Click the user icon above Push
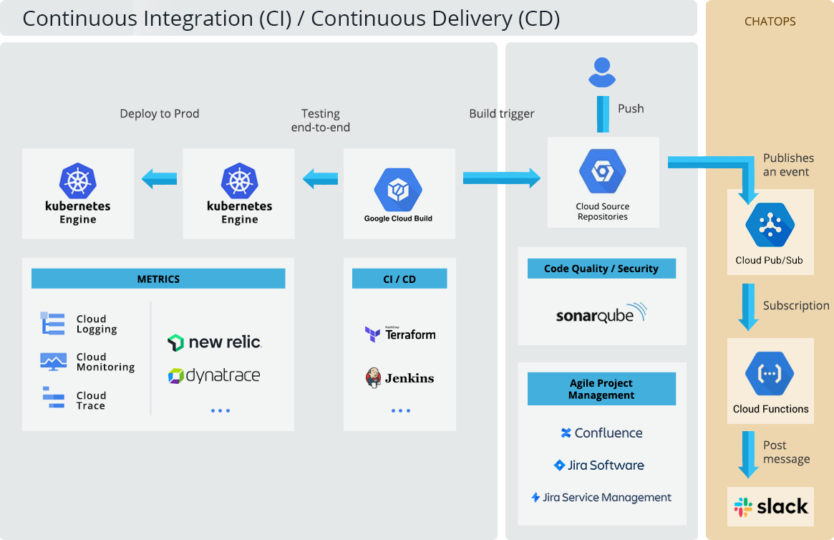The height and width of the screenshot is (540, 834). point(602,72)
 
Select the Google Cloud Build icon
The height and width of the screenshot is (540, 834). point(398,190)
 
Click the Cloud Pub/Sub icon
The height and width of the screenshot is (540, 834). point(770,225)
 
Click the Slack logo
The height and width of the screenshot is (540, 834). point(771,507)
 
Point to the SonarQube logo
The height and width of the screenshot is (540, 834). point(601,314)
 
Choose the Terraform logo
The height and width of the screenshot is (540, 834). point(400,334)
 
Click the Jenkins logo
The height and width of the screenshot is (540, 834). point(399,377)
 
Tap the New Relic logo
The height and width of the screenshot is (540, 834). point(214,342)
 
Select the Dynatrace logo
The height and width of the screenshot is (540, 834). point(213,375)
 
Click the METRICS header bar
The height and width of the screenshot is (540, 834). point(158,279)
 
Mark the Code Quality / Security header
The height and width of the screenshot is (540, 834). point(601,269)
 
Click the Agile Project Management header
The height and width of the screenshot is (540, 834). point(601,389)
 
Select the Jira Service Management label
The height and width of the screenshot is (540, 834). point(601,497)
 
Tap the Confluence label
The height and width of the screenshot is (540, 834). point(601,433)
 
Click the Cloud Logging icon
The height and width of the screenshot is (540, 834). point(53,324)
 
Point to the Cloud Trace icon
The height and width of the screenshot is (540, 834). point(53,398)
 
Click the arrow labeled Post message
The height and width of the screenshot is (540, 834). point(749,454)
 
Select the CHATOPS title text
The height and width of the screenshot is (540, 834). point(770,21)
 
